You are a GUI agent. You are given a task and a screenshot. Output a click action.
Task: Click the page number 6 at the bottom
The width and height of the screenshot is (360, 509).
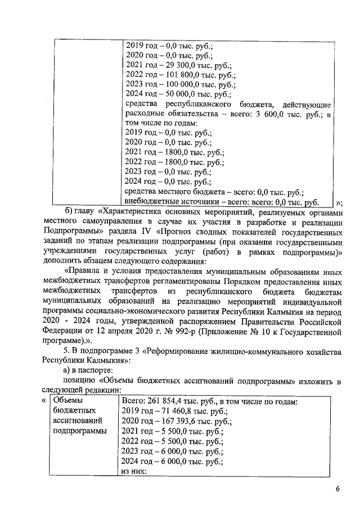338,489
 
